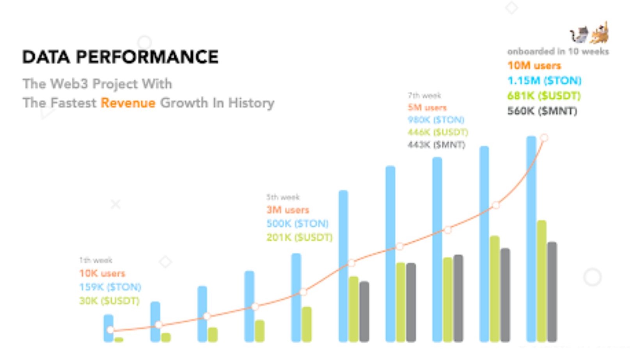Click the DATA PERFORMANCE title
click(x=120, y=57)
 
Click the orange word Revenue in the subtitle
click(x=128, y=103)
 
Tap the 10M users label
click(x=534, y=66)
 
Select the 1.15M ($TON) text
click(x=544, y=81)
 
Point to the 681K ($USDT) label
click(x=544, y=96)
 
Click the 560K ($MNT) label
click(x=542, y=111)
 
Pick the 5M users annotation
click(x=427, y=108)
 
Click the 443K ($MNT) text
click(x=436, y=145)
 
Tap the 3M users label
click(x=288, y=210)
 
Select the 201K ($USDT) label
click(x=299, y=237)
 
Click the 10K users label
click(x=102, y=273)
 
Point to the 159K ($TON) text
click(x=110, y=287)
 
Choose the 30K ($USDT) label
click(x=109, y=301)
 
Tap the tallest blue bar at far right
click(x=531, y=238)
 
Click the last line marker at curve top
click(x=544, y=138)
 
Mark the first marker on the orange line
click(x=110, y=330)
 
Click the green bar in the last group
click(x=541, y=281)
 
